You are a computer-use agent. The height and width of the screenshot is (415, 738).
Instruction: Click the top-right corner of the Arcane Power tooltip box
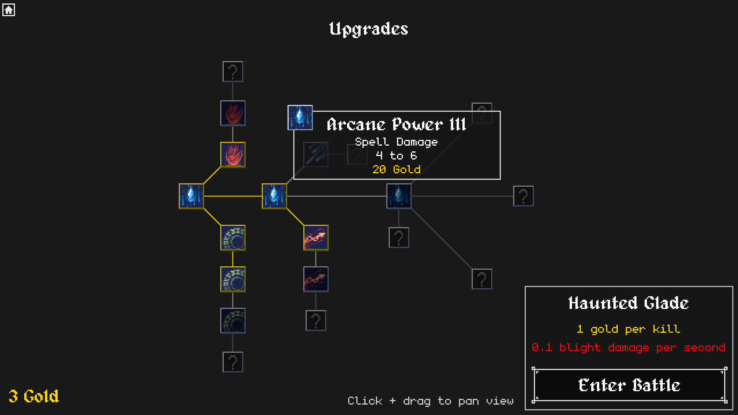click(500, 111)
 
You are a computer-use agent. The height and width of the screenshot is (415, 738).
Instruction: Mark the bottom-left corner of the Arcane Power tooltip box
click(294, 179)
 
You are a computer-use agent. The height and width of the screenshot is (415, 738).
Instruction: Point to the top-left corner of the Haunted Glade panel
click(525, 287)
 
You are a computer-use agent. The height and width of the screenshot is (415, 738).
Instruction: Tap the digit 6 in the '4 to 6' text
click(414, 156)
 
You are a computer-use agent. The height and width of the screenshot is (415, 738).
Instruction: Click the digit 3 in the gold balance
click(13, 396)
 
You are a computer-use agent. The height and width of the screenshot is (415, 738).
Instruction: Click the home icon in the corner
click(8, 10)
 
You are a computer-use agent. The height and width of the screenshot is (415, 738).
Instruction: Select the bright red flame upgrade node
click(233, 155)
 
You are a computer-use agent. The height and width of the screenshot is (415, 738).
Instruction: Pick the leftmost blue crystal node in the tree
click(191, 196)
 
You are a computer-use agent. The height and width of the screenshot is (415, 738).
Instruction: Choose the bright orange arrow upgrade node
click(316, 238)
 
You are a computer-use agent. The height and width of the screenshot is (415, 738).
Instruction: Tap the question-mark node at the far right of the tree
click(524, 196)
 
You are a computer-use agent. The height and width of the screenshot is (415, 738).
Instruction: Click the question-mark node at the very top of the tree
click(233, 71)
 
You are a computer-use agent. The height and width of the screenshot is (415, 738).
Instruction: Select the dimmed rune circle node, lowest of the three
click(233, 321)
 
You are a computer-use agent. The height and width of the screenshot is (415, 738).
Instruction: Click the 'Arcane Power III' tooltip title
click(396, 124)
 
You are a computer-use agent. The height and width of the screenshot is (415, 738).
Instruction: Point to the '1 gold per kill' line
click(628, 329)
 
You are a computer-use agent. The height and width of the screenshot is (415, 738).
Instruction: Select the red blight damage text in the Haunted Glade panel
click(628, 348)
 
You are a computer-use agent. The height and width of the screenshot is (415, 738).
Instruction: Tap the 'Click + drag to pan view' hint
click(430, 401)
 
